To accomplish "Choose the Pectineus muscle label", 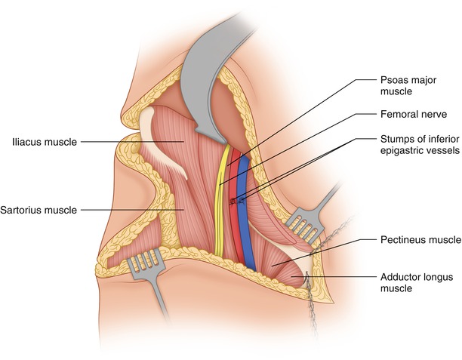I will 419,240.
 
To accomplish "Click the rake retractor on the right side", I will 302,223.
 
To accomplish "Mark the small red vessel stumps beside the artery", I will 235,201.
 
